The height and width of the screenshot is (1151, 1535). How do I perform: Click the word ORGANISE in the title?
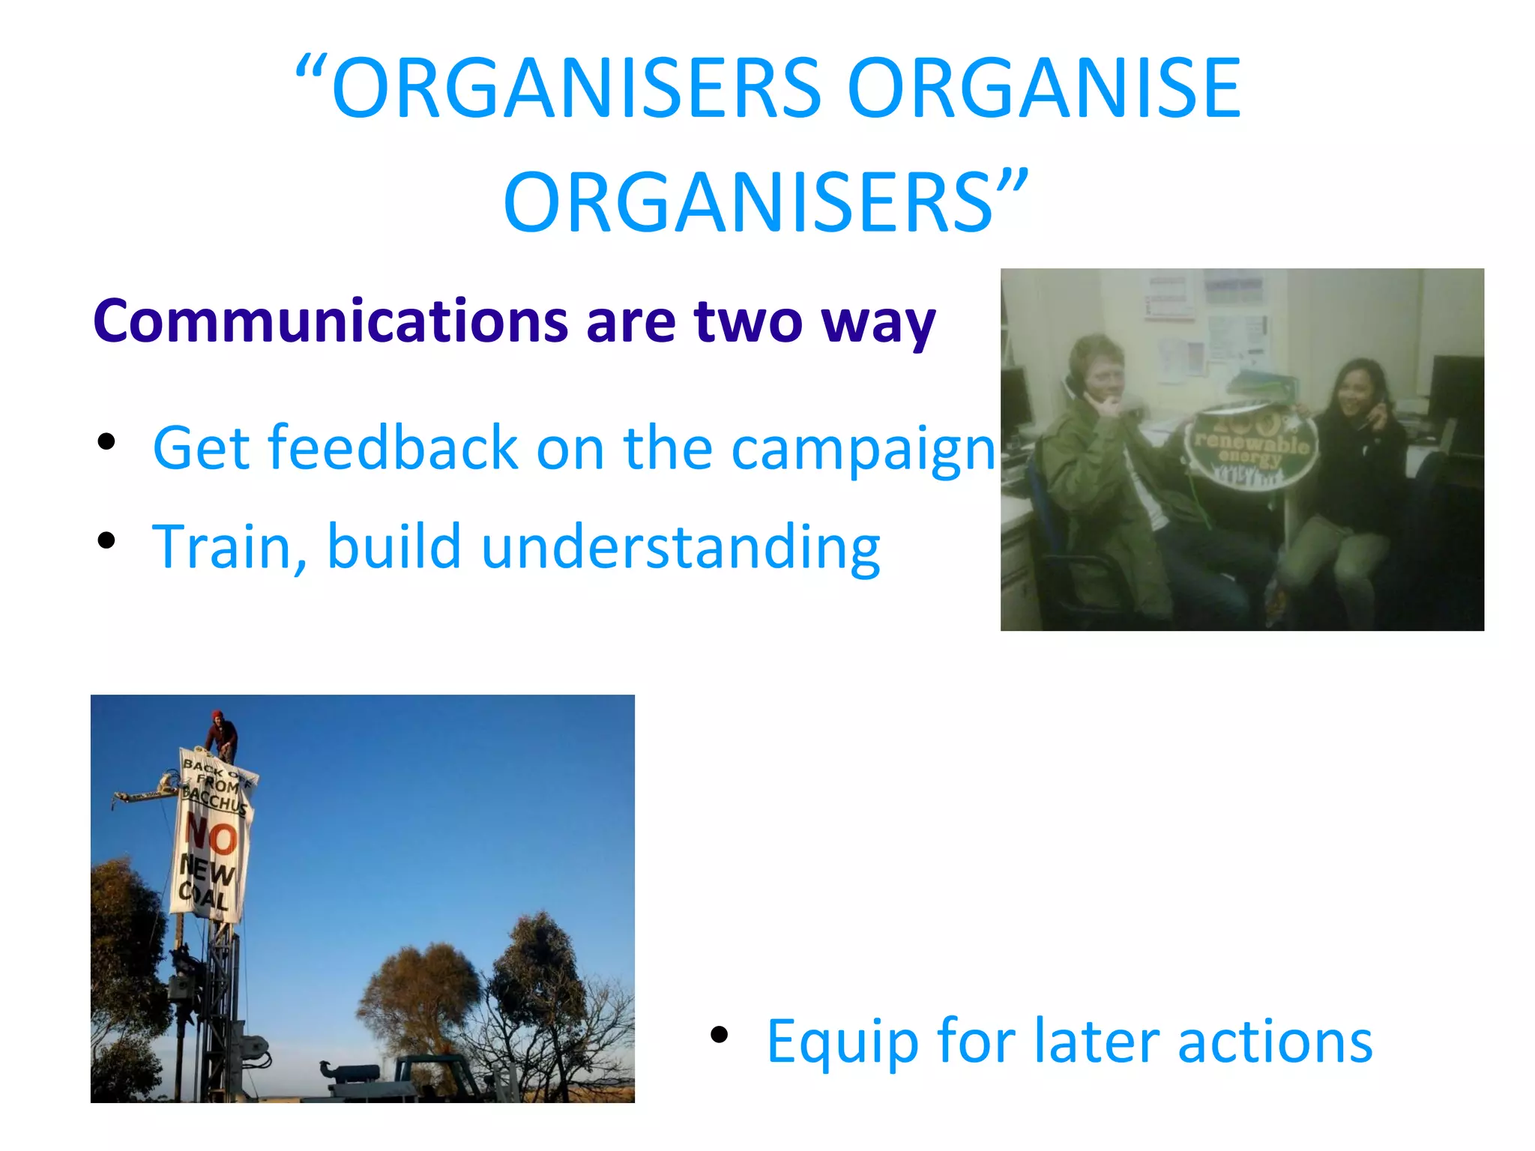[1043, 90]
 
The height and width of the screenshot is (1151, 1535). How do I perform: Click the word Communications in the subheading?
[330, 322]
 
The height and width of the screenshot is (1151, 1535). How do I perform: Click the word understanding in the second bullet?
[680, 547]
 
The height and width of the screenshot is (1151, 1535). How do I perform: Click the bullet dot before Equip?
[719, 1035]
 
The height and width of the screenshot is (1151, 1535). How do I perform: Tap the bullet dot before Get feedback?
[106, 441]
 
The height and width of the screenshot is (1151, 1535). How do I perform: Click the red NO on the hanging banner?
[211, 836]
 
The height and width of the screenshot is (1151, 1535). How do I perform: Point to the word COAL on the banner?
[202, 895]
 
